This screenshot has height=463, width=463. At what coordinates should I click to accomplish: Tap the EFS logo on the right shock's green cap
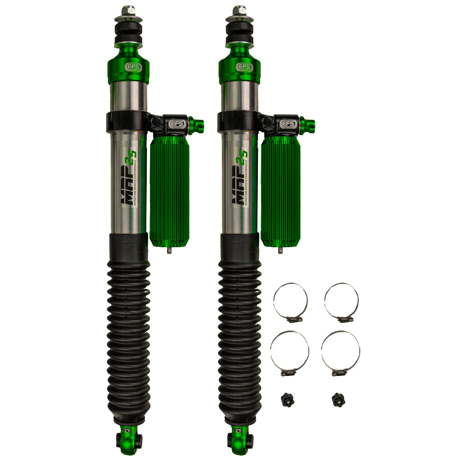(245, 67)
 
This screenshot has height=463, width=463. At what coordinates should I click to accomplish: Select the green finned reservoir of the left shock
(169, 190)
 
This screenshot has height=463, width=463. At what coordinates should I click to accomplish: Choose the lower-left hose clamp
(289, 352)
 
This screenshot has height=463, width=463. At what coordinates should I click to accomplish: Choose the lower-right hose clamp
(340, 352)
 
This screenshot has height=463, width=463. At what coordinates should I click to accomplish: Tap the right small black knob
(338, 399)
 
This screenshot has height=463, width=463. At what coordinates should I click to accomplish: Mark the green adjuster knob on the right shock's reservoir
(308, 125)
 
